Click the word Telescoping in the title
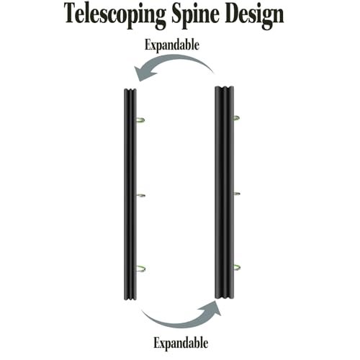pos(115,16)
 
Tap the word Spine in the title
pos(195,16)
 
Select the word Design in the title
pos(255,16)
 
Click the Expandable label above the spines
pos(172,45)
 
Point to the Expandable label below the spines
pos(181,343)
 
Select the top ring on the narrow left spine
pos(140,120)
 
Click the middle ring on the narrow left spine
pos(140,195)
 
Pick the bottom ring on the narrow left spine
pos(140,269)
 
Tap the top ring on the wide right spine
pos(236,118)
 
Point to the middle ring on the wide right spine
pos(237,194)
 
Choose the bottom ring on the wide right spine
pos(236,267)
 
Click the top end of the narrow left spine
pos(130,90)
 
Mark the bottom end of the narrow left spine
pos(130,299)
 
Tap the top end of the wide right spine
pos(224,87)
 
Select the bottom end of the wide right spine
pos(224,297)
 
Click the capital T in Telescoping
pos(72,13)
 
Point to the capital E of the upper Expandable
pos(148,45)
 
